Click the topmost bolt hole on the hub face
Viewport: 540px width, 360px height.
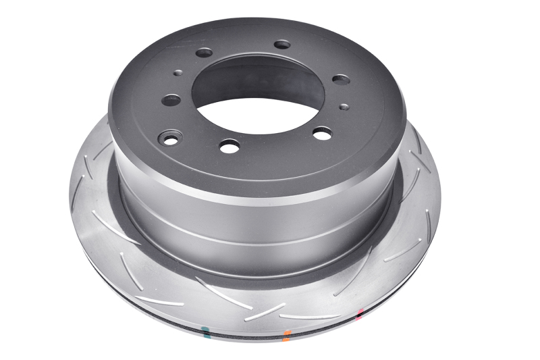coord(282,45)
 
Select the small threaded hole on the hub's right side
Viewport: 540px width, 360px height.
coord(343,106)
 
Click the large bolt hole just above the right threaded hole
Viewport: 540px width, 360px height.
coord(342,79)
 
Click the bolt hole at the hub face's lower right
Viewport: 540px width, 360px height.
coord(323,134)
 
